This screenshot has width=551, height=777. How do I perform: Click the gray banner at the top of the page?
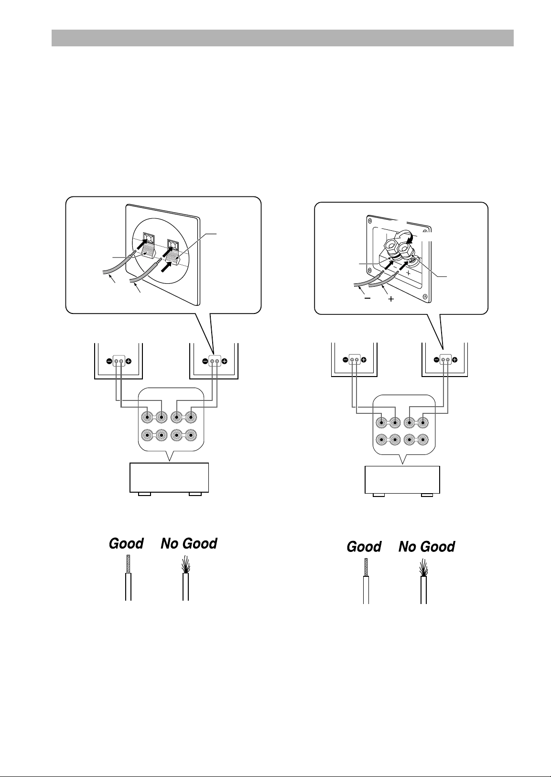pos(282,38)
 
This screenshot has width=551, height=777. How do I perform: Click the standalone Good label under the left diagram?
pos(126,543)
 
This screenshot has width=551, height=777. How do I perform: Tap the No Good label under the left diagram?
pos(189,543)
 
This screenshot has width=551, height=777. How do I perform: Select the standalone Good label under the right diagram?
pos(364,547)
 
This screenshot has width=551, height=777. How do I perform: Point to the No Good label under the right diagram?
pos(427,547)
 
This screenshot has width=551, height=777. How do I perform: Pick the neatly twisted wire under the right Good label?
pos(366,581)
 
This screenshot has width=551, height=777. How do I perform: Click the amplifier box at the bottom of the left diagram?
pos(169,477)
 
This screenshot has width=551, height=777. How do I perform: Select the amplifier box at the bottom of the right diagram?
pos(402,480)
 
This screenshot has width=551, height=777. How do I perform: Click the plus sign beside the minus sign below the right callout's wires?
pos(391,299)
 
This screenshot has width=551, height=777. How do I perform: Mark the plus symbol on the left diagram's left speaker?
pos(129,361)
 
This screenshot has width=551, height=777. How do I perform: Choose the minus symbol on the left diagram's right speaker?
pos(205,361)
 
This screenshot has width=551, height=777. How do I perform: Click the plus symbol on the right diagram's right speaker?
pos(455,360)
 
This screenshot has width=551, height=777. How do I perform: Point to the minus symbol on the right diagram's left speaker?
pos(345,360)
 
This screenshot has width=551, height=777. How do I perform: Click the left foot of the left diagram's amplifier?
pos(144,494)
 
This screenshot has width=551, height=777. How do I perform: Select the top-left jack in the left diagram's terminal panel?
pos(148,417)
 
